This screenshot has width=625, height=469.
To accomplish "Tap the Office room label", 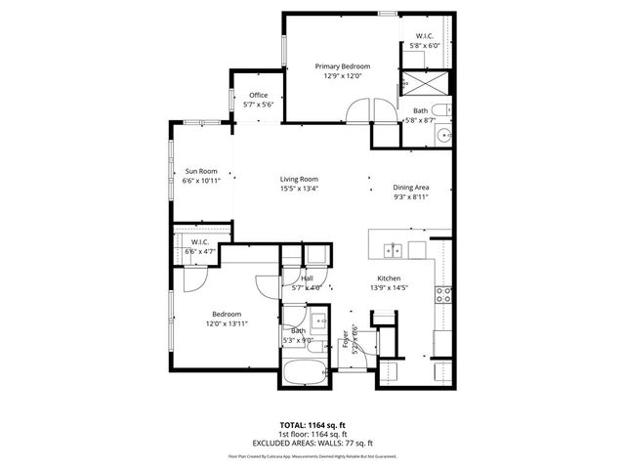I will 258,95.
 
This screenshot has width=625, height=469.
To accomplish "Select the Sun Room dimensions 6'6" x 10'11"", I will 201,181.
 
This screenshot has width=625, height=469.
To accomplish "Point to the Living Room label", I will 299,179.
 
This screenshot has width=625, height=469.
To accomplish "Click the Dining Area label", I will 411,187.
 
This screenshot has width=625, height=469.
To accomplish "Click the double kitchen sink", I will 393,250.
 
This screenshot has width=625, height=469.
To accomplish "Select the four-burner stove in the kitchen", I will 444,292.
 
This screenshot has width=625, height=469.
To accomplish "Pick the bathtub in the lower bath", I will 306,373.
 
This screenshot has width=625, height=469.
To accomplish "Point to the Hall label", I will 307,278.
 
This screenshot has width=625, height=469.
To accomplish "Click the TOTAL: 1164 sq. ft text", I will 312,426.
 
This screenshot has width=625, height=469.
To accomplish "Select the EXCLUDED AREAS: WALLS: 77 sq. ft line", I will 312,443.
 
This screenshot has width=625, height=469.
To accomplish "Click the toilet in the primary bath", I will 439,108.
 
